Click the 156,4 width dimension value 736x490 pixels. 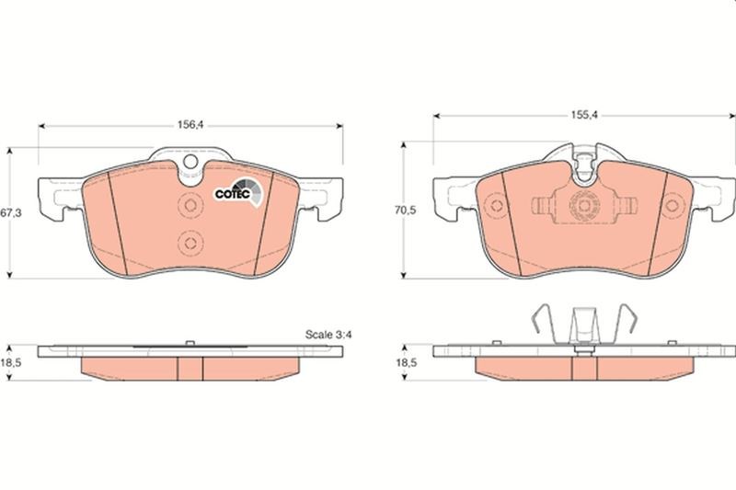tap(190, 125)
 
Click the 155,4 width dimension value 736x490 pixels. tap(584, 115)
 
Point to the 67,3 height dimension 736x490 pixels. tap(11, 213)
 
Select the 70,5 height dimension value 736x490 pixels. tap(405, 211)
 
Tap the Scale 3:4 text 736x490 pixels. tap(328, 335)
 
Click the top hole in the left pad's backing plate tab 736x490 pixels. tap(190, 162)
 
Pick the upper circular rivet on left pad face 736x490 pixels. tap(190, 205)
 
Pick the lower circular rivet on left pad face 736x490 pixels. tap(190, 243)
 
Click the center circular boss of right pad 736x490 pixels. tap(584, 205)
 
